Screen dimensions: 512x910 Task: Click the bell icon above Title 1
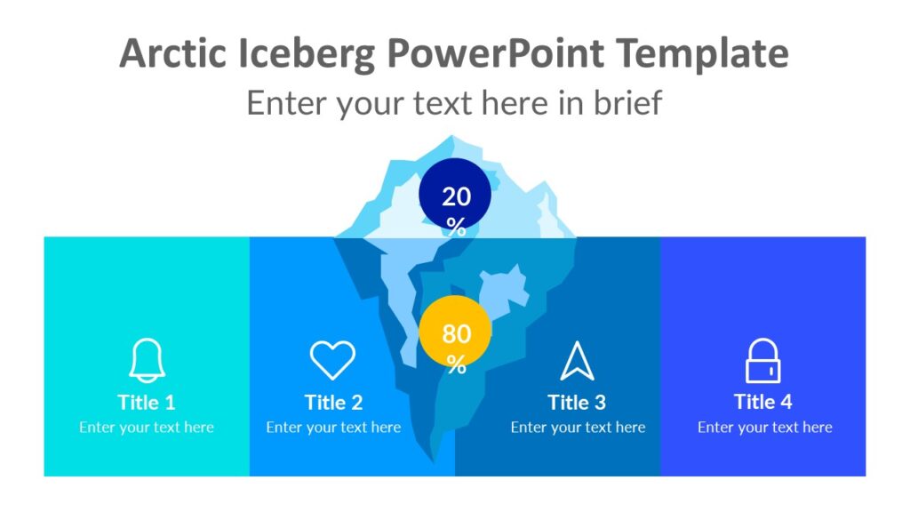147,361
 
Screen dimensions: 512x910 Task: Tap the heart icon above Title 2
332,360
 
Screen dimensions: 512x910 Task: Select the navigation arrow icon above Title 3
577,361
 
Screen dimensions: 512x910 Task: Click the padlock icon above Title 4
762,361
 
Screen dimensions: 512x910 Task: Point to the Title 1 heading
147,402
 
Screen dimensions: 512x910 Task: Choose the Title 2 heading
333,402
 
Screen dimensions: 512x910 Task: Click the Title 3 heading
577,402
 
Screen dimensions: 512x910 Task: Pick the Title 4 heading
762,402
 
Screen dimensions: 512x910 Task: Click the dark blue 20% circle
455,196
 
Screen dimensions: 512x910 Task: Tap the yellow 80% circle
455,332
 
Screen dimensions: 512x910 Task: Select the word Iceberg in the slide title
307,54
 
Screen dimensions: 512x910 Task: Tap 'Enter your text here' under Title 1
147,428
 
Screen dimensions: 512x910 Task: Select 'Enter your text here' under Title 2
333,428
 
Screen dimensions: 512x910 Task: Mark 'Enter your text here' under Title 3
578,428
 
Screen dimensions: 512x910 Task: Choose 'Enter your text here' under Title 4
764,428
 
